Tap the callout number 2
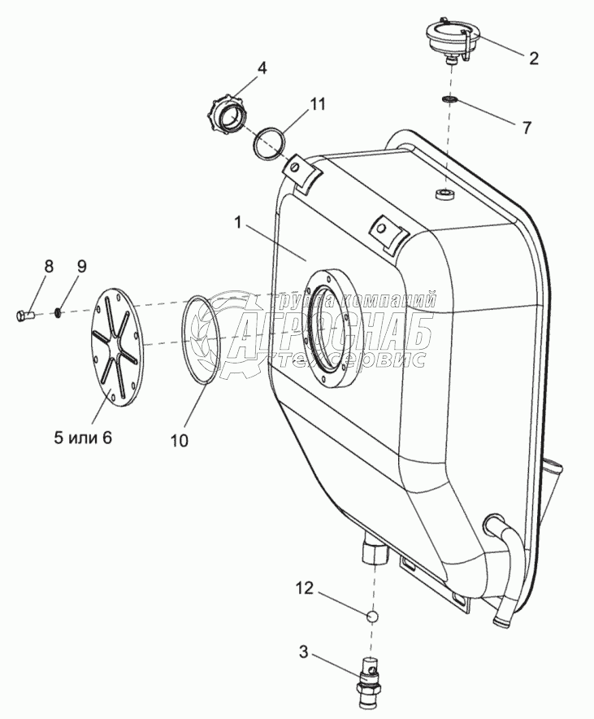click(533, 58)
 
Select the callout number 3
click(303, 651)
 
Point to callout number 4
click(262, 68)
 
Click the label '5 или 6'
click(82, 438)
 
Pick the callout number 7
click(527, 128)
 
